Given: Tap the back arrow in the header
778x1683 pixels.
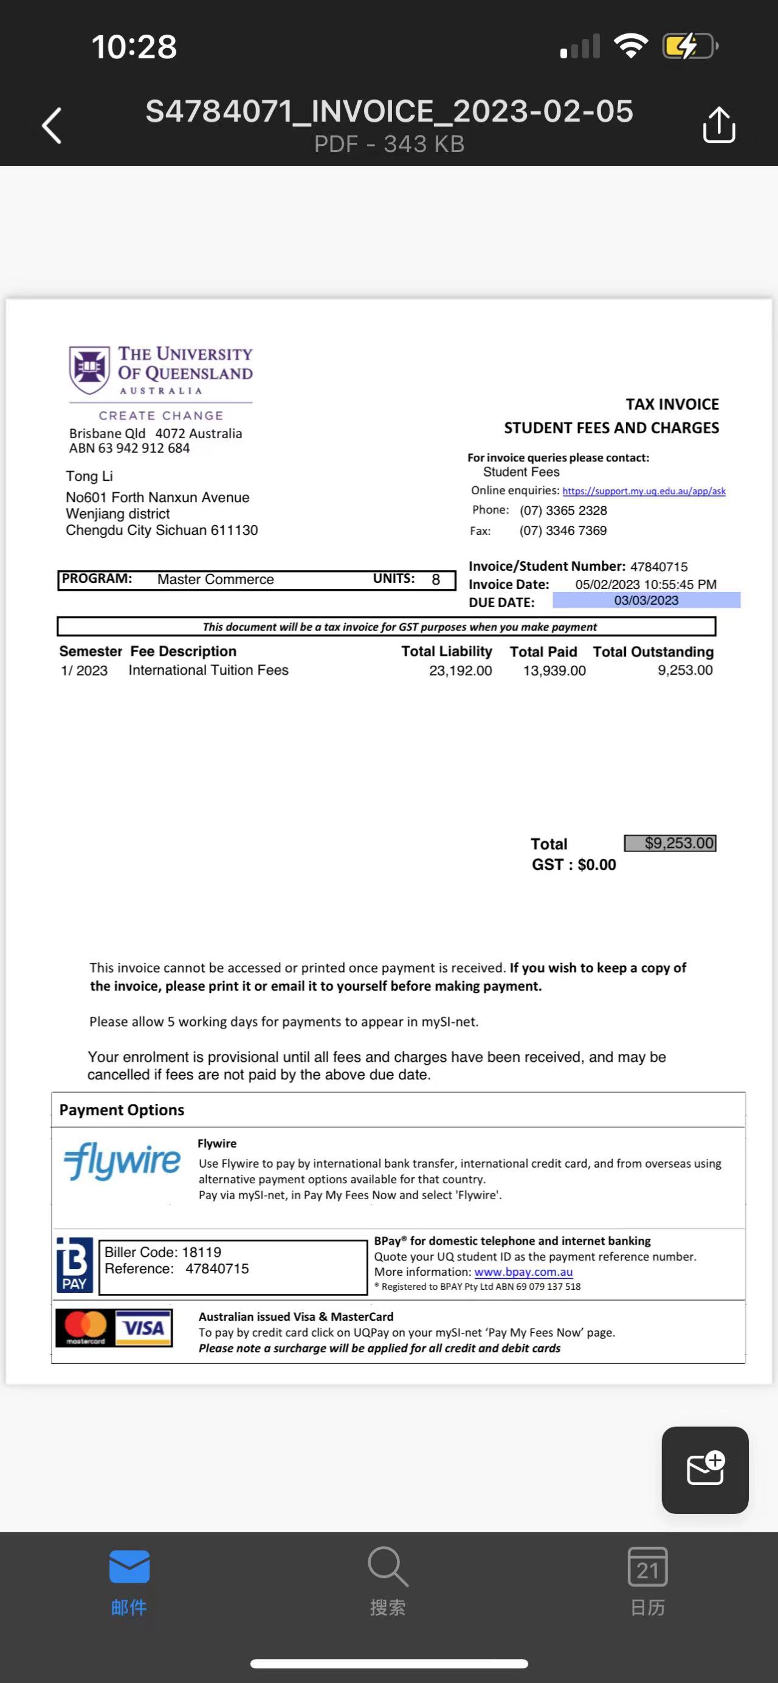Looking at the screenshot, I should point(52,125).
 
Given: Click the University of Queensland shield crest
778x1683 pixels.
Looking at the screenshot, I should point(89,370).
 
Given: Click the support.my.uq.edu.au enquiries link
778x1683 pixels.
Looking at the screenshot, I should point(644,491).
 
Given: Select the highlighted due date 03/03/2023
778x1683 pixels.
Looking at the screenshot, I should point(646,601).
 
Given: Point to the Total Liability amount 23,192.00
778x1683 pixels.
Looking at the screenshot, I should point(460,670).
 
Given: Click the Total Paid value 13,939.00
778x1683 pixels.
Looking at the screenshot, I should point(554,670).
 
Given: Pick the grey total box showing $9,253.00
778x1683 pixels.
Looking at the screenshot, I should point(670,843).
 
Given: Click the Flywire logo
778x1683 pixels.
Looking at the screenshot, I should point(122,1160).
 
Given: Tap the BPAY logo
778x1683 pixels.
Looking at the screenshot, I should point(75,1265).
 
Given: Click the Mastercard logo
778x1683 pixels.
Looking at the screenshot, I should point(86,1327).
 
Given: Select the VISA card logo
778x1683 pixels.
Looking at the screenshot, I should point(143,1327).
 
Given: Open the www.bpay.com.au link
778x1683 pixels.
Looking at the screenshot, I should point(523,1272).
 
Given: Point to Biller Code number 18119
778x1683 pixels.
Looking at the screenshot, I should point(201,1252).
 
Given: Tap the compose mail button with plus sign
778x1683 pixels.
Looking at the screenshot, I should point(705,1470).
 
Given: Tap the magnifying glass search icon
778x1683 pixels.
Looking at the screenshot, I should point(388,1567).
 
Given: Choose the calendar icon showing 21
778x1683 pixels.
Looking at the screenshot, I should point(647,1567).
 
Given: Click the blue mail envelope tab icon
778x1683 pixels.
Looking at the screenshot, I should point(129,1567).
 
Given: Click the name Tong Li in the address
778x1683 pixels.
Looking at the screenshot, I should point(89,477).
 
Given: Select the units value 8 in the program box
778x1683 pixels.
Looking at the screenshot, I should point(436,579).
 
